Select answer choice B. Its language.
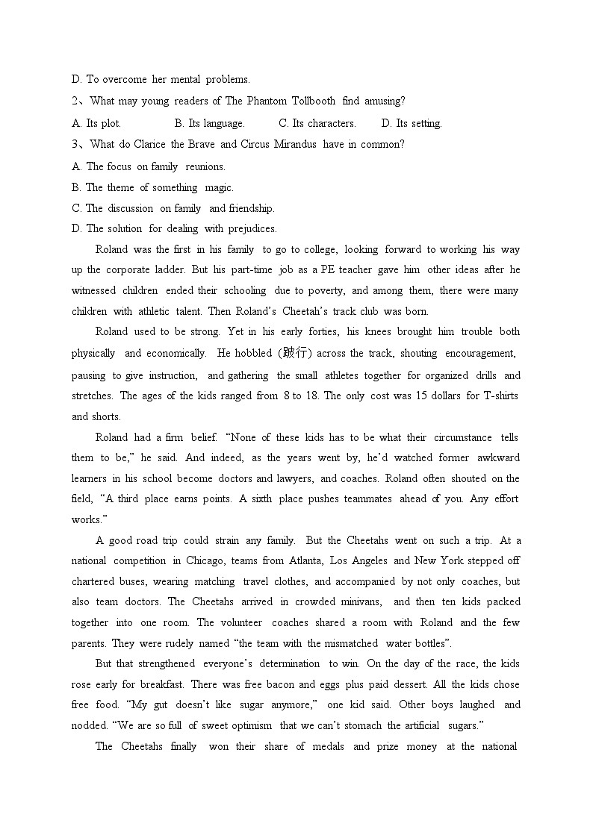tap(210, 123)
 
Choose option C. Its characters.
tap(317, 123)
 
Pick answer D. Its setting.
tap(412, 123)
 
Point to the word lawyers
tap(296, 478)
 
